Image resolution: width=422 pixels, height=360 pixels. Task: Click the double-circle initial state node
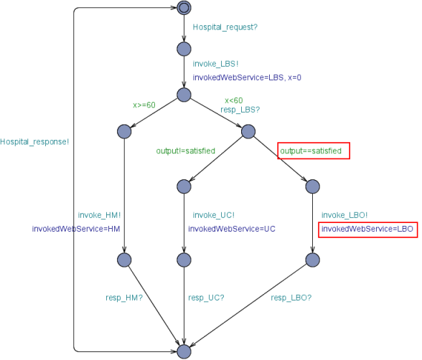click(184, 8)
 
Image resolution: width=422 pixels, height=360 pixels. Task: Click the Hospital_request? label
click(225, 27)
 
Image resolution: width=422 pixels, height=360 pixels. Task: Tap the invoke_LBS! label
click(215, 64)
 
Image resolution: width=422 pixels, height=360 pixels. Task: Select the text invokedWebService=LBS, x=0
click(247, 77)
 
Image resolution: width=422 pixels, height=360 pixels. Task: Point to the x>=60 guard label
click(144, 105)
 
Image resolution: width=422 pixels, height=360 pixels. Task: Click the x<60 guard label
click(234, 100)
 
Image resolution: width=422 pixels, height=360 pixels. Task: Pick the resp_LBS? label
click(240, 110)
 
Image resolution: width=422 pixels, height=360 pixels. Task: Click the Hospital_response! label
click(34, 142)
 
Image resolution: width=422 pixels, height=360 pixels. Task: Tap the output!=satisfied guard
click(186, 151)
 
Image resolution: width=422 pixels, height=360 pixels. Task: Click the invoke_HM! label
click(99, 215)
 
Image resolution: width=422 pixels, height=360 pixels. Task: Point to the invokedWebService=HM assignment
click(76, 229)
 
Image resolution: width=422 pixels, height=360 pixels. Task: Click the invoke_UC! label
click(214, 215)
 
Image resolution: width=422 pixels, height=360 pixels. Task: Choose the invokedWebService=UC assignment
click(232, 229)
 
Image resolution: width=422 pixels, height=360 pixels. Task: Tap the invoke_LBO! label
click(344, 215)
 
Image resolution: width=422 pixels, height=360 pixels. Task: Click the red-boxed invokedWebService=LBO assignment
click(367, 229)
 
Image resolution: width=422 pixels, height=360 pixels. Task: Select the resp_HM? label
click(124, 298)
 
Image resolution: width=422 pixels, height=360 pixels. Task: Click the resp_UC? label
click(206, 298)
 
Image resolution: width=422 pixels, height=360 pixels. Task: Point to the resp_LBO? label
click(291, 298)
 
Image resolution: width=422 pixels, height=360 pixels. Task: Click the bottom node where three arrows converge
click(184, 351)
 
